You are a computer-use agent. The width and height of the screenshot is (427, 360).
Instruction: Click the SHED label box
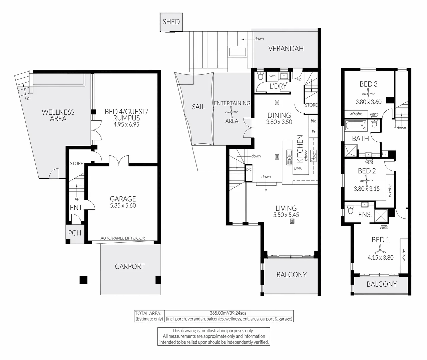(x=171, y=22)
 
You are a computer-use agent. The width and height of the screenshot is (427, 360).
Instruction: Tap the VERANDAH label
(x=286, y=49)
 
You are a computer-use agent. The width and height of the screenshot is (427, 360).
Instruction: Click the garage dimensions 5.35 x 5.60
(x=123, y=206)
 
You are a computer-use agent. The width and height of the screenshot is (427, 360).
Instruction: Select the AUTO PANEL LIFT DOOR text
(x=123, y=238)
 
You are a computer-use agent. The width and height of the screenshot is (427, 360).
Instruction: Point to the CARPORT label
(x=130, y=267)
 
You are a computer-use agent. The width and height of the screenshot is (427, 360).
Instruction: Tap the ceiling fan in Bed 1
(x=380, y=248)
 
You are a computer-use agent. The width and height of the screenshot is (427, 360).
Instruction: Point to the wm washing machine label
(x=273, y=76)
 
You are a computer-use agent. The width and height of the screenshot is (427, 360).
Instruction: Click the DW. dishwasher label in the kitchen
(x=298, y=168)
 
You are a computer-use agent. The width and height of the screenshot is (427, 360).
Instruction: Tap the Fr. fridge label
(x=314, y=132)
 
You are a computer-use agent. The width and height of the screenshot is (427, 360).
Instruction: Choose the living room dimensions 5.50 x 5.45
(x=286, y=215)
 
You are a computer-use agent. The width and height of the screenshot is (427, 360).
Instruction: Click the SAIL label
(x=198, y=107)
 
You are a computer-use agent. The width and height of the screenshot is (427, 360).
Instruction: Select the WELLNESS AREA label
(x=58, y=115)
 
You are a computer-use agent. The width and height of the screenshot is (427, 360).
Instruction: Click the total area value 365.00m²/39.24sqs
(x=228, y=313)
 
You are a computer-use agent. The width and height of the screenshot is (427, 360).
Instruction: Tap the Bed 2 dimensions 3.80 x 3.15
(x=367, y=189)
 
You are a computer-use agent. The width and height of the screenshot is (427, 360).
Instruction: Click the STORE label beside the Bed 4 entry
(x=76, y=164)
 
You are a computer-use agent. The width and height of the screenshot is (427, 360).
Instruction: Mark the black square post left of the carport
(x=83, y=280)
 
